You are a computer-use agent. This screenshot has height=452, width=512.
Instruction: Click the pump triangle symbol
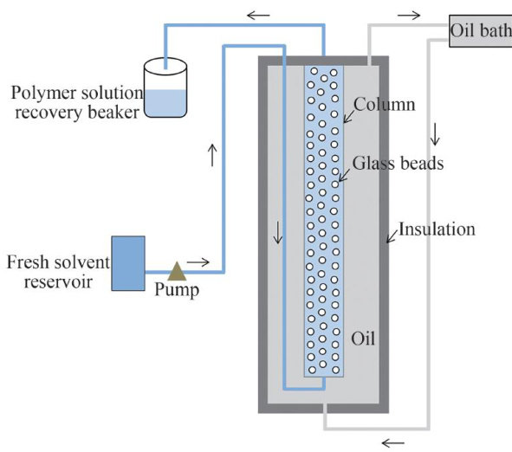coord(177,272)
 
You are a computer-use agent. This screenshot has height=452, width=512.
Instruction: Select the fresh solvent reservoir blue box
coord(128,263)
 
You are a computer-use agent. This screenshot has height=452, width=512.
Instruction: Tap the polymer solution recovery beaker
coord(165,87)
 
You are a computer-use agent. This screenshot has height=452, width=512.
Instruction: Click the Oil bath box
coord(480,31)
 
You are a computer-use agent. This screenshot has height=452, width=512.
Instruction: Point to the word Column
coord(385,105)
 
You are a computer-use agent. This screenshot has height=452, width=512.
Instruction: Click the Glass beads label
coord(398,163)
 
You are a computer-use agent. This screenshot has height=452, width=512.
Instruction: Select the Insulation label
coord(437,229)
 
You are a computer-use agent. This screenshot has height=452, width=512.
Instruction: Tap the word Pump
coord(177,290)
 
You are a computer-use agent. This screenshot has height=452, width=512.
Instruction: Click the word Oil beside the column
coord(363,339)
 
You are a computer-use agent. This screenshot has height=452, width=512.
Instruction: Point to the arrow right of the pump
coord(198,262)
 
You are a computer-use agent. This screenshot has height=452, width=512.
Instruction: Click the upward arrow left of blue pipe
coord(212,155)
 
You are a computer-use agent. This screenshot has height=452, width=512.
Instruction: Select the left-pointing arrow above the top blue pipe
coord(258,15)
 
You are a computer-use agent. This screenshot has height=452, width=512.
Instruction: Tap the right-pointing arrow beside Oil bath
coord(409,15)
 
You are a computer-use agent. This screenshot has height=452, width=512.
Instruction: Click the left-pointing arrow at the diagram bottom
coord(392,442)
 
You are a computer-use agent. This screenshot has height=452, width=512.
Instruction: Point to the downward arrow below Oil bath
coord(435,134)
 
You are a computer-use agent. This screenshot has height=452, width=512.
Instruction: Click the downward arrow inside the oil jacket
coord(278,233)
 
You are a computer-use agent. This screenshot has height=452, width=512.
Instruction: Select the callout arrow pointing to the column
coord(349,117)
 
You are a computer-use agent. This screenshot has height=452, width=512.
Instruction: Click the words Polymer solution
coord(77,93)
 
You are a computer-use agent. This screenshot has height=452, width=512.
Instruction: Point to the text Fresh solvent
coord(58,262)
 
